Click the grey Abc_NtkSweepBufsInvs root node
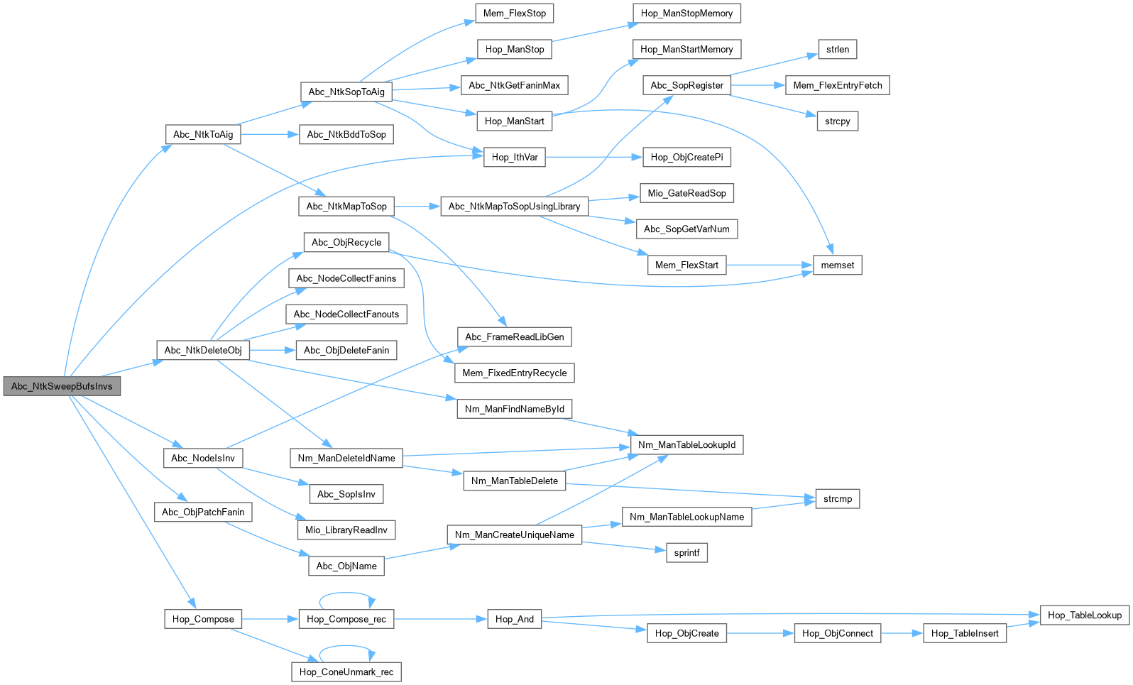(x=62, y=387)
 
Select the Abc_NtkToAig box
(x=203, y=135)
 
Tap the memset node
(x=837, y=265)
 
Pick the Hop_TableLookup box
(x=1085, y=615)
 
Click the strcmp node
(x=837, y=499)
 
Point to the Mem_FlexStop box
(x=515, y=13)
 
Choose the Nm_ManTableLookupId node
(x=686, y=444)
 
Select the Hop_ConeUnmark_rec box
(x=346, y=672)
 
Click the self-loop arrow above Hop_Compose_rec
(x=346, y=598)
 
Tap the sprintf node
(x=686, y=552)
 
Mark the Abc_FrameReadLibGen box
(x=515, y=337)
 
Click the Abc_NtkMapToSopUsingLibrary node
(x=515, y=207)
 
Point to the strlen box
(x=837, y=49)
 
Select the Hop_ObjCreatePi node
(x=686, y=158)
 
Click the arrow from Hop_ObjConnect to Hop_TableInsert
(x=902, y=633)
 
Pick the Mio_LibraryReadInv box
(x=346, y=530)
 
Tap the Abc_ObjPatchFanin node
(x=203, y=512)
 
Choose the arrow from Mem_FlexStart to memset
(x=770, y=265)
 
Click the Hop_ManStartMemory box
(x=686, y=49)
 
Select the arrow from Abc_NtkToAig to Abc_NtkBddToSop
(x=270, y=135)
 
